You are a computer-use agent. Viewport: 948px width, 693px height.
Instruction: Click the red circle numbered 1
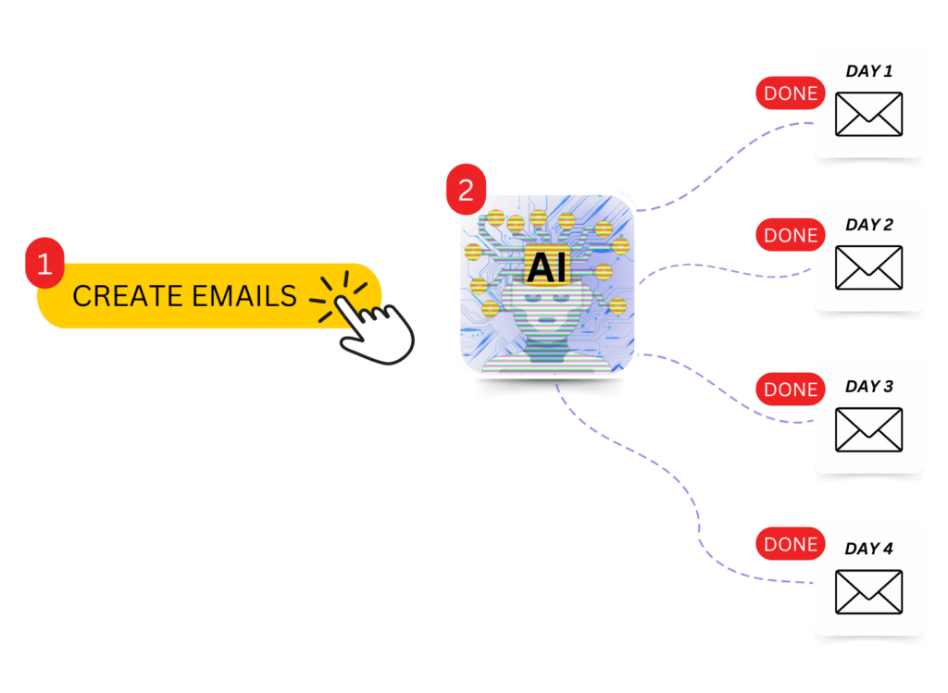coord(44,264)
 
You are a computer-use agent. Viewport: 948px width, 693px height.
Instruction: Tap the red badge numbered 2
coord(466,191)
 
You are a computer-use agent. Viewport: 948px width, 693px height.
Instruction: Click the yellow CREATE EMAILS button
coord(185,296)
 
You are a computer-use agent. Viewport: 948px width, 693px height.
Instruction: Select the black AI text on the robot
coord(546,268)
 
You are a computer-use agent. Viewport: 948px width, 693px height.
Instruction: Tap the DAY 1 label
coord(868,71)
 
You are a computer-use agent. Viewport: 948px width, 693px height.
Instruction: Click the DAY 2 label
coord(868,225)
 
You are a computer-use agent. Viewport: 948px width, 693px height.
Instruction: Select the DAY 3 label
coord(868,387)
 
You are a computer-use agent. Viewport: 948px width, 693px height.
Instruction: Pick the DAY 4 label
coord(868,549)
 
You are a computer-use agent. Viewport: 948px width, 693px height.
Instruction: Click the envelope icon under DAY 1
coord(868,114)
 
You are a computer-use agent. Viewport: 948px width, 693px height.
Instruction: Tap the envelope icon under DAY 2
coord(868,267)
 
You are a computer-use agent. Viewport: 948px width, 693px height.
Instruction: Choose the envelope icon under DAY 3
coord(868,429)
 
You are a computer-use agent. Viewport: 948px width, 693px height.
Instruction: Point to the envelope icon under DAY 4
coord(868,591)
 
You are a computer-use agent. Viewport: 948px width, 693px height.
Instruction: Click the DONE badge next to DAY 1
coord(790,93)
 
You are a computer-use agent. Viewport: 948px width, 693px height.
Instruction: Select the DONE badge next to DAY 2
coord(790,236)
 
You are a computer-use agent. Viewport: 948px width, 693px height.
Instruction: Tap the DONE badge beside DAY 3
coord(790,390)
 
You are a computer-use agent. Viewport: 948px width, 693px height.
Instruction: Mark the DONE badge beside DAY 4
coord(790,545)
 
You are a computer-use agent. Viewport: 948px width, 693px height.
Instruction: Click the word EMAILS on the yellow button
coord(245,296)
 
